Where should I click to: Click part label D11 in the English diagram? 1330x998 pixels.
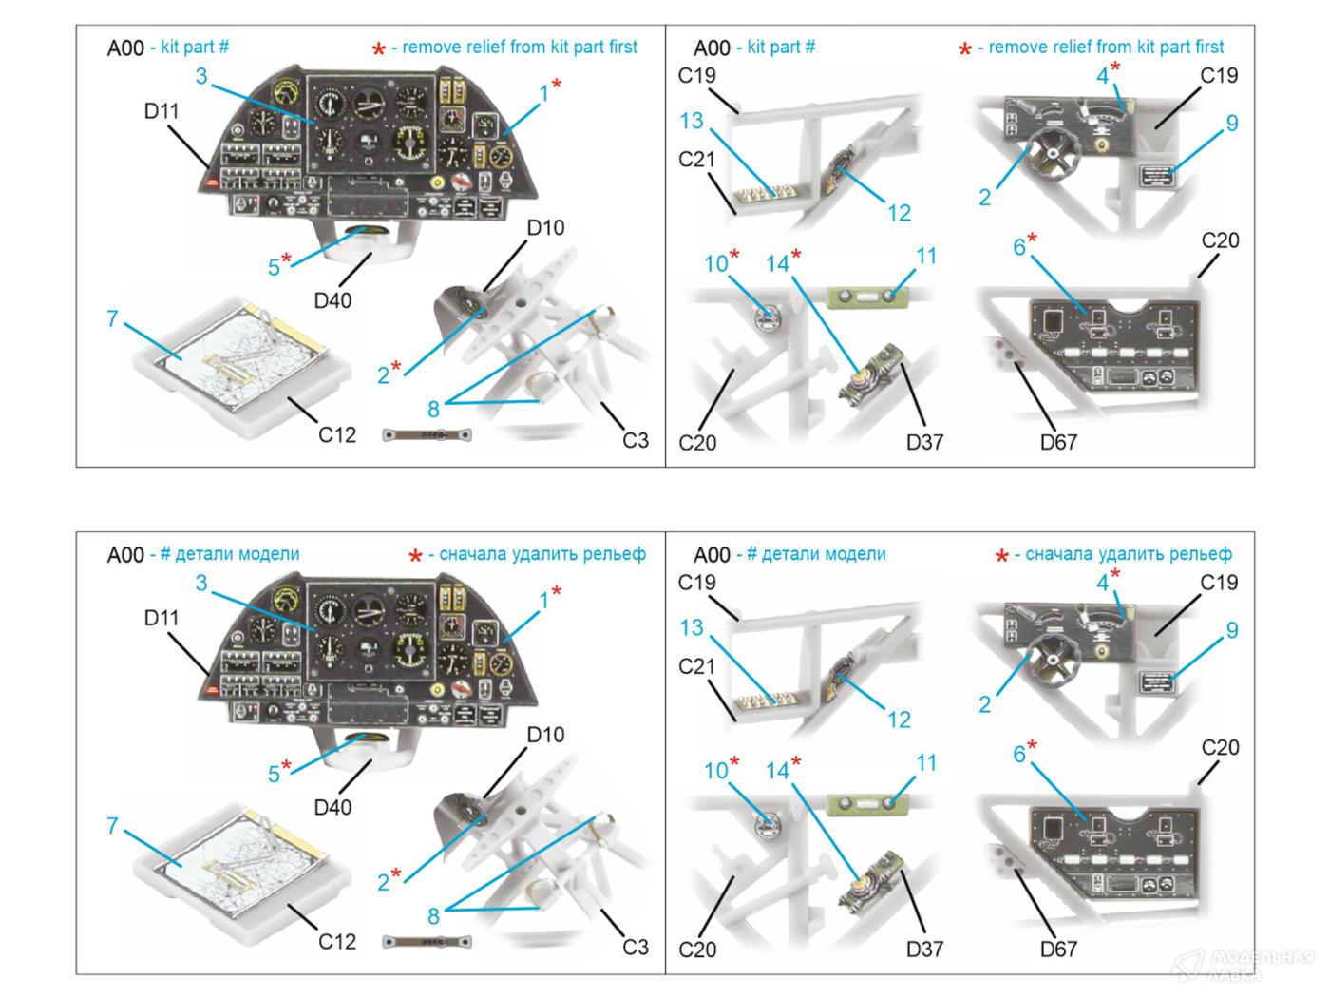(161, 111)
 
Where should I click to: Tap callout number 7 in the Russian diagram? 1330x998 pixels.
(112, 825)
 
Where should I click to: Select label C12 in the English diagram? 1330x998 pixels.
(336, 435)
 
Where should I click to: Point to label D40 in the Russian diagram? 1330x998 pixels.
(332, 807)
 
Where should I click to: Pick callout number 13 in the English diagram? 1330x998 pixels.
(692, 121)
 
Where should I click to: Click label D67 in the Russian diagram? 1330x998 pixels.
(1058, 949)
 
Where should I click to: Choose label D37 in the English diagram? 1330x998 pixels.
(924, 442)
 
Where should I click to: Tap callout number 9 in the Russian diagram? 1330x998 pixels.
(1232, 630)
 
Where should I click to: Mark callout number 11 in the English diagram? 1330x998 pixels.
(926, 256)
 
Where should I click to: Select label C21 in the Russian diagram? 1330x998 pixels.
(696, 667)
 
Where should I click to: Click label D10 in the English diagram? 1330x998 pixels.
(545, 228)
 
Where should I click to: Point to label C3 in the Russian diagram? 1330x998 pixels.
(635, 947)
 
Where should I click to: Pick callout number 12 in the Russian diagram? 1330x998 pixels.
(899, 720)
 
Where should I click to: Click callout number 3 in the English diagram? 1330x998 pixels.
(201, 76)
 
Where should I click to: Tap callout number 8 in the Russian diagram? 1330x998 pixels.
(433, 916)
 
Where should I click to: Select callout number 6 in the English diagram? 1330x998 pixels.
(1019, 247)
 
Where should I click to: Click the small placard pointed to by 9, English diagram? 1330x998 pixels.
(1158, 174)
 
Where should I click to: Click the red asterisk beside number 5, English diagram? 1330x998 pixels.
(287, 259)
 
